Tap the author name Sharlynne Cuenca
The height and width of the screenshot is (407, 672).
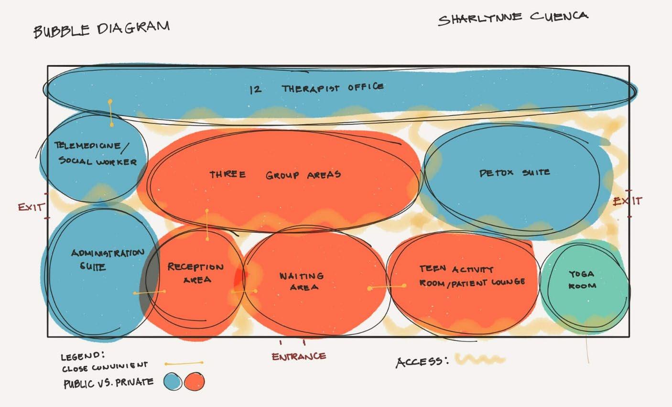[513, 19]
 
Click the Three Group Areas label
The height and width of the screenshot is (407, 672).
[275, 174]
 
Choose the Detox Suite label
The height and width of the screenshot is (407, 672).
[514, 172]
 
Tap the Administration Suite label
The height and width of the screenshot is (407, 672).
[107, 259]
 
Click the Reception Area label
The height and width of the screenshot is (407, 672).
[195, 273]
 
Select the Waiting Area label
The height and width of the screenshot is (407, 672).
[302, 281]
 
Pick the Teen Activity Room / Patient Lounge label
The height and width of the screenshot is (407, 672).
[472, 276]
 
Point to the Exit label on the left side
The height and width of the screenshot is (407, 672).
[31, 207]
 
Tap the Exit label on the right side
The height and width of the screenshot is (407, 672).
[628, 201]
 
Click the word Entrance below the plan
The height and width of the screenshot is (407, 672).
[299, 356]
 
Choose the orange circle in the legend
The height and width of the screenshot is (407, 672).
[194, 382]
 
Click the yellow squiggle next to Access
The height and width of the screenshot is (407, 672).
[479, 359]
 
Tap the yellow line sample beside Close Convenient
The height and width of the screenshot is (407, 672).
[184, 364]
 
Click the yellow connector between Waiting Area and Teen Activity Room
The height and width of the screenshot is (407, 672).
[387, 287]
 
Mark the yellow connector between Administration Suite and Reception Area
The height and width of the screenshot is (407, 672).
[150, 292]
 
